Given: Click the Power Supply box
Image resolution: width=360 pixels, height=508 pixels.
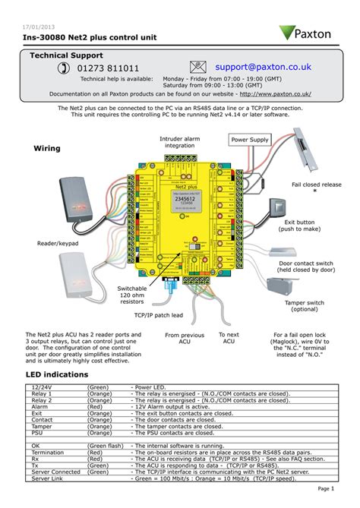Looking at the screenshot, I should pyautogui.click(x=250, y=140).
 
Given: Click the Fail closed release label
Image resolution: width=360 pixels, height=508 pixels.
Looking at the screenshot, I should pyautogui.click(x=317, y=184).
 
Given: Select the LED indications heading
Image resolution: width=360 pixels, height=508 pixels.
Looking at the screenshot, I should pyautogui.click(x=58, y=374).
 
